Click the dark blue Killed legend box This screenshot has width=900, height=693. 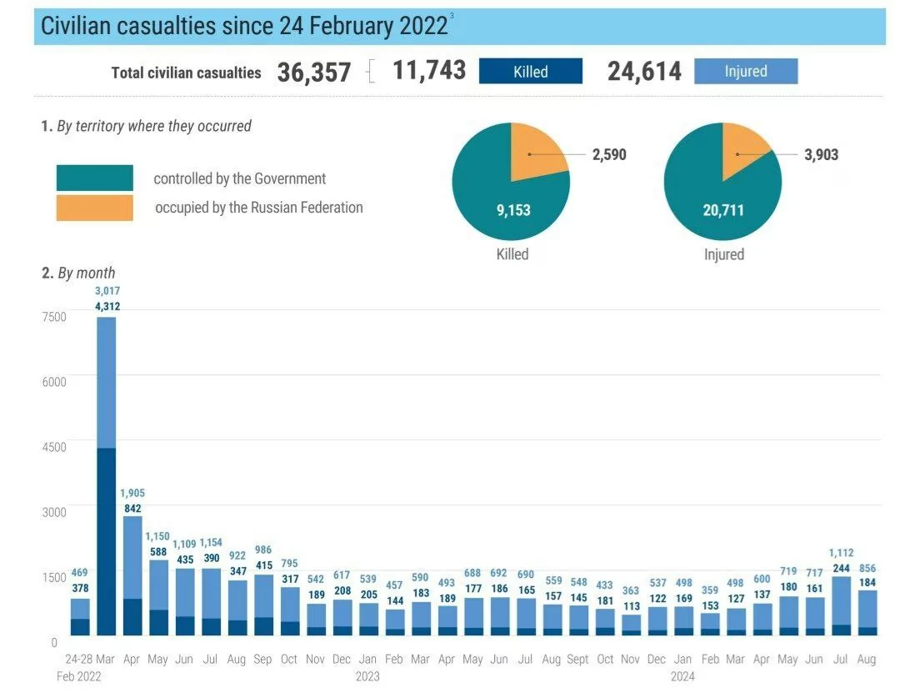click(x=530, y=72)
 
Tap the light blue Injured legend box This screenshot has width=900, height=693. click(x=745, y=71)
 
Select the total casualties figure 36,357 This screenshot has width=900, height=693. click(x=314, y=73)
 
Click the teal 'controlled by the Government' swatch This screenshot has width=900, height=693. click(x=94, y=178)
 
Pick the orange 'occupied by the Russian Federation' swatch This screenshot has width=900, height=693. click(x=94, y=208)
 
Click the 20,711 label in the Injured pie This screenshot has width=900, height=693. click(x=722, y=210)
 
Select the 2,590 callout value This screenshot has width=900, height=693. click(x=609, y=154)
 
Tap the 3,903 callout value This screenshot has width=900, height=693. click(x=821, y=154)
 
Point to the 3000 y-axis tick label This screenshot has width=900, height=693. click(x=52, y=511)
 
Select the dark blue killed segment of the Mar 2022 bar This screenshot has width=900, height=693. click(x=107, y=542)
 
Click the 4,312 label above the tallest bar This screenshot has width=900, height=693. click(x=107, y=306)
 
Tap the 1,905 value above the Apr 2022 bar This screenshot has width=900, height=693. click(x=132, y=493)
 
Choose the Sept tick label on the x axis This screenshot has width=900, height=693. click(x=577, y=659)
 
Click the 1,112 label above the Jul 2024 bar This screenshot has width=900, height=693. click(x=842, y=552)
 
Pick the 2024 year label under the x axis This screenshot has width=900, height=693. click(x=682, y=676)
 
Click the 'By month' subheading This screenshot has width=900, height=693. click(x=86, y=273)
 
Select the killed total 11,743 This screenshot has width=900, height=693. click(x=428, y=71)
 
